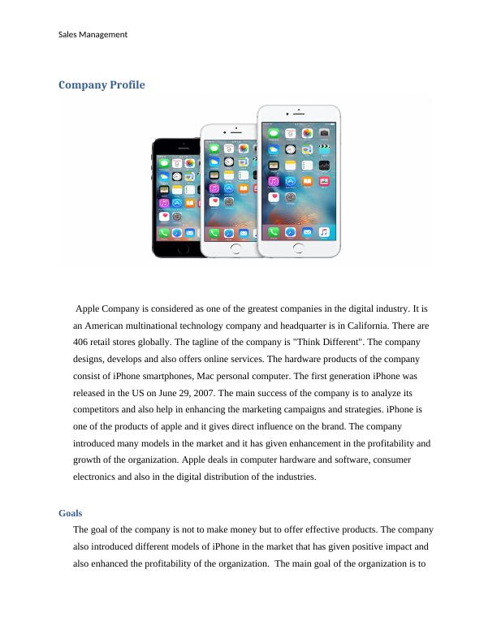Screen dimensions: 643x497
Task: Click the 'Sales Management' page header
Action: [93, 34]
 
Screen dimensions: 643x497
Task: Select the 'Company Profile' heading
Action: [102, 84]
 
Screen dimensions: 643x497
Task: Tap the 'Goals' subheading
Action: [71, 513]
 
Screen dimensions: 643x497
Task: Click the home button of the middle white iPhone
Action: [236, 248]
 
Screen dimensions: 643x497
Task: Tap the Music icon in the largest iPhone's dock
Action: [324, 231]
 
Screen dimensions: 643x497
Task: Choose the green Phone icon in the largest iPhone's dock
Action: [274, 231]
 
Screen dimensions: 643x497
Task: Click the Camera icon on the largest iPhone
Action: [324, 132]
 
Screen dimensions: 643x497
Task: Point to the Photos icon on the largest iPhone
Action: [307, 132]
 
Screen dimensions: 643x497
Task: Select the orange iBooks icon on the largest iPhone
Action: [307, 182]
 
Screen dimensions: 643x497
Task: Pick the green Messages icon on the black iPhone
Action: [165, 163]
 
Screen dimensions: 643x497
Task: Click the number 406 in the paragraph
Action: [82, 342]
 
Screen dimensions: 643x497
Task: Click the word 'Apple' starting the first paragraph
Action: [91, 309]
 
